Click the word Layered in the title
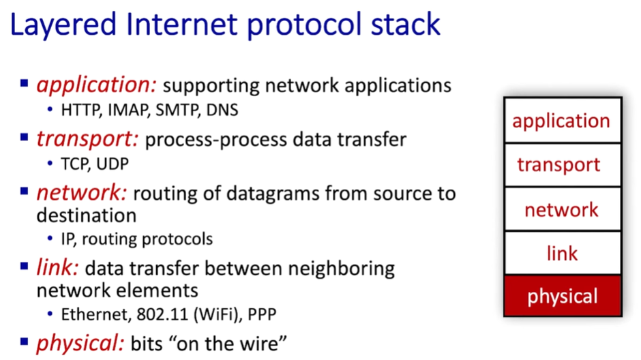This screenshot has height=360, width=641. point(63,25)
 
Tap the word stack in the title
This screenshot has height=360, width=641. point(405,24)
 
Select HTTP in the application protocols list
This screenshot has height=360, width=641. point(81,110)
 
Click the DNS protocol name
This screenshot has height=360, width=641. point(222,110)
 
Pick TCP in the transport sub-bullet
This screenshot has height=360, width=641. point(75,164)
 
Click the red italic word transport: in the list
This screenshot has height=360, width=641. point(87,139)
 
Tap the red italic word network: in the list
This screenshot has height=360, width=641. point(82,192)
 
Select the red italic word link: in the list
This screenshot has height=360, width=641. point(58,268)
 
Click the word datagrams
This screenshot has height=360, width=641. point(273,194)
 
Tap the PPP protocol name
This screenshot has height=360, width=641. point(262,314)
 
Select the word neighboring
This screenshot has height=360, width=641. point(342,269)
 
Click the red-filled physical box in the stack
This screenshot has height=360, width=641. point(563,295)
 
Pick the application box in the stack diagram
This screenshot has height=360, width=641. point(563,121)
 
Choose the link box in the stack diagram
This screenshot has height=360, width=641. point(563,253)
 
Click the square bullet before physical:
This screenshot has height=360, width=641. point(24,341)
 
